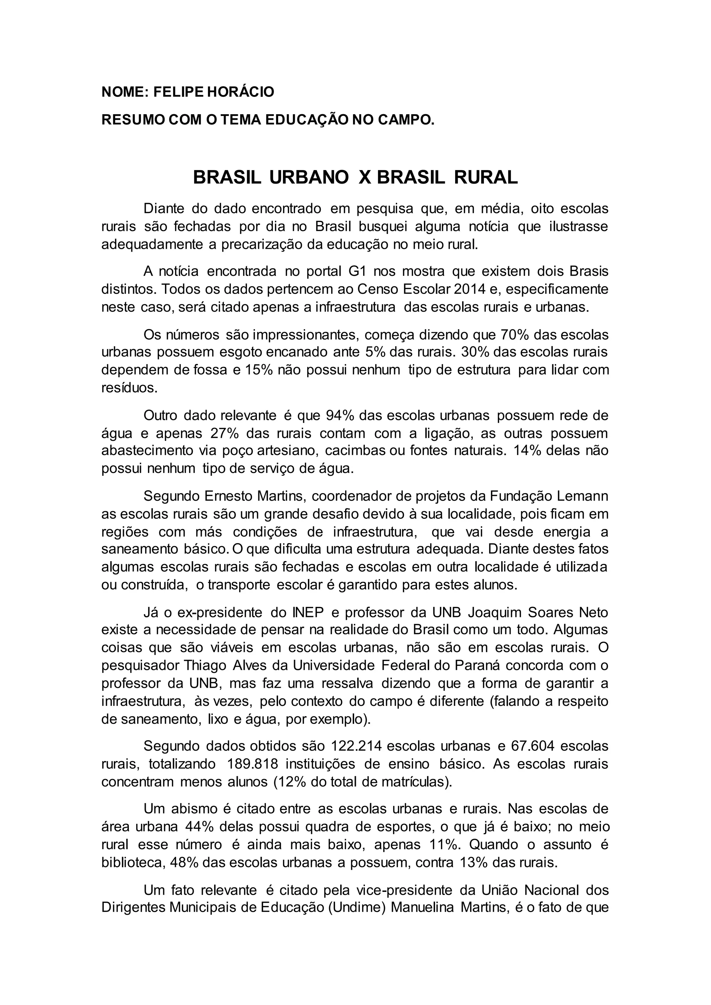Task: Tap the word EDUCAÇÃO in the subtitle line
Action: click(298, 119)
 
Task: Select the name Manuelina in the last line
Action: click(421, 908)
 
